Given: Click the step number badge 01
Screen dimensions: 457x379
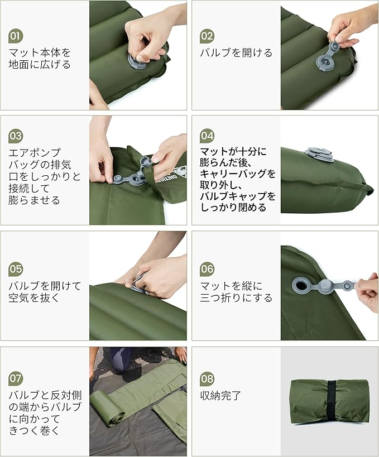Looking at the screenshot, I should [16, 36].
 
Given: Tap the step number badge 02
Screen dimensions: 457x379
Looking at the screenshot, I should [207, 36].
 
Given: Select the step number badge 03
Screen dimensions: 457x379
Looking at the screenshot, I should [16, 136].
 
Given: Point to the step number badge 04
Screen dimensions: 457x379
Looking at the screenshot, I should [207, 136].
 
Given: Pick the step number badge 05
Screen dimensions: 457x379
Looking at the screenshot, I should [16, 269].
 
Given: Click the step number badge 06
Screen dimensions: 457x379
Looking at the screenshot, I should [207, 269].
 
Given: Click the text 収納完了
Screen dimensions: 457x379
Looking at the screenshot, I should [220, 396].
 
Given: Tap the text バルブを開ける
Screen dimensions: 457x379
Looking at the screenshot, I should [236, 53].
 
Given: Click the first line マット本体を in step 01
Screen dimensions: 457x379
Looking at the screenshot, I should [40, 52].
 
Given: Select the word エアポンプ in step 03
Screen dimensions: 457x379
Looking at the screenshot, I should [35, 152].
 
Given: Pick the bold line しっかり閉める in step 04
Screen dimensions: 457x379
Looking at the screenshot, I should [233, 208].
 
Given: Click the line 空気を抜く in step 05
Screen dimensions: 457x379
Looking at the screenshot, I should [34, 297].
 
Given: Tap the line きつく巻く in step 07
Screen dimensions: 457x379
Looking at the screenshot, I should [34, 431].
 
